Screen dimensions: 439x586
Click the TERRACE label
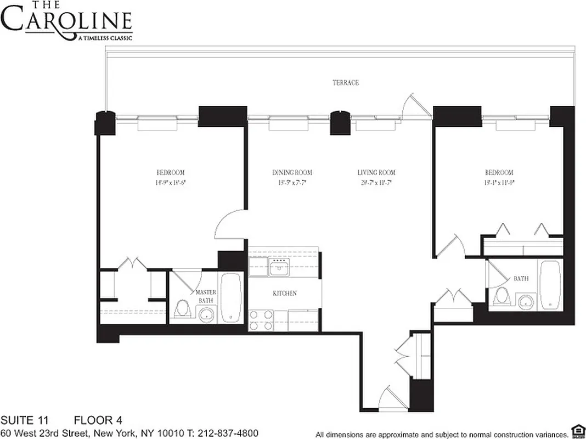click(x=345, y=83)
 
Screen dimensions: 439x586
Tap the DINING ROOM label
click(x=292, y=173)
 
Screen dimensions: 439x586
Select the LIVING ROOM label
click(x=376, y=173)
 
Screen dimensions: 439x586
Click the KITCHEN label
click(x=285, y=294)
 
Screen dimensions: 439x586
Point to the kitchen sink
click(x=280, y=269)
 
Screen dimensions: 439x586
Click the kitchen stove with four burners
click(x=261, y=320)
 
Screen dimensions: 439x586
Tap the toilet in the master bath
click(x=182, y=309)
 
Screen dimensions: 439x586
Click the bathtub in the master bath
click(x=231, y=297)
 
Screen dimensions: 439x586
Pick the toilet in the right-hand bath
click(x=500, y=297)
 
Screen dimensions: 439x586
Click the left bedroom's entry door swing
click(x=226, y=225)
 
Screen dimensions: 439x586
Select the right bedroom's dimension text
click(x=499, y=182)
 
